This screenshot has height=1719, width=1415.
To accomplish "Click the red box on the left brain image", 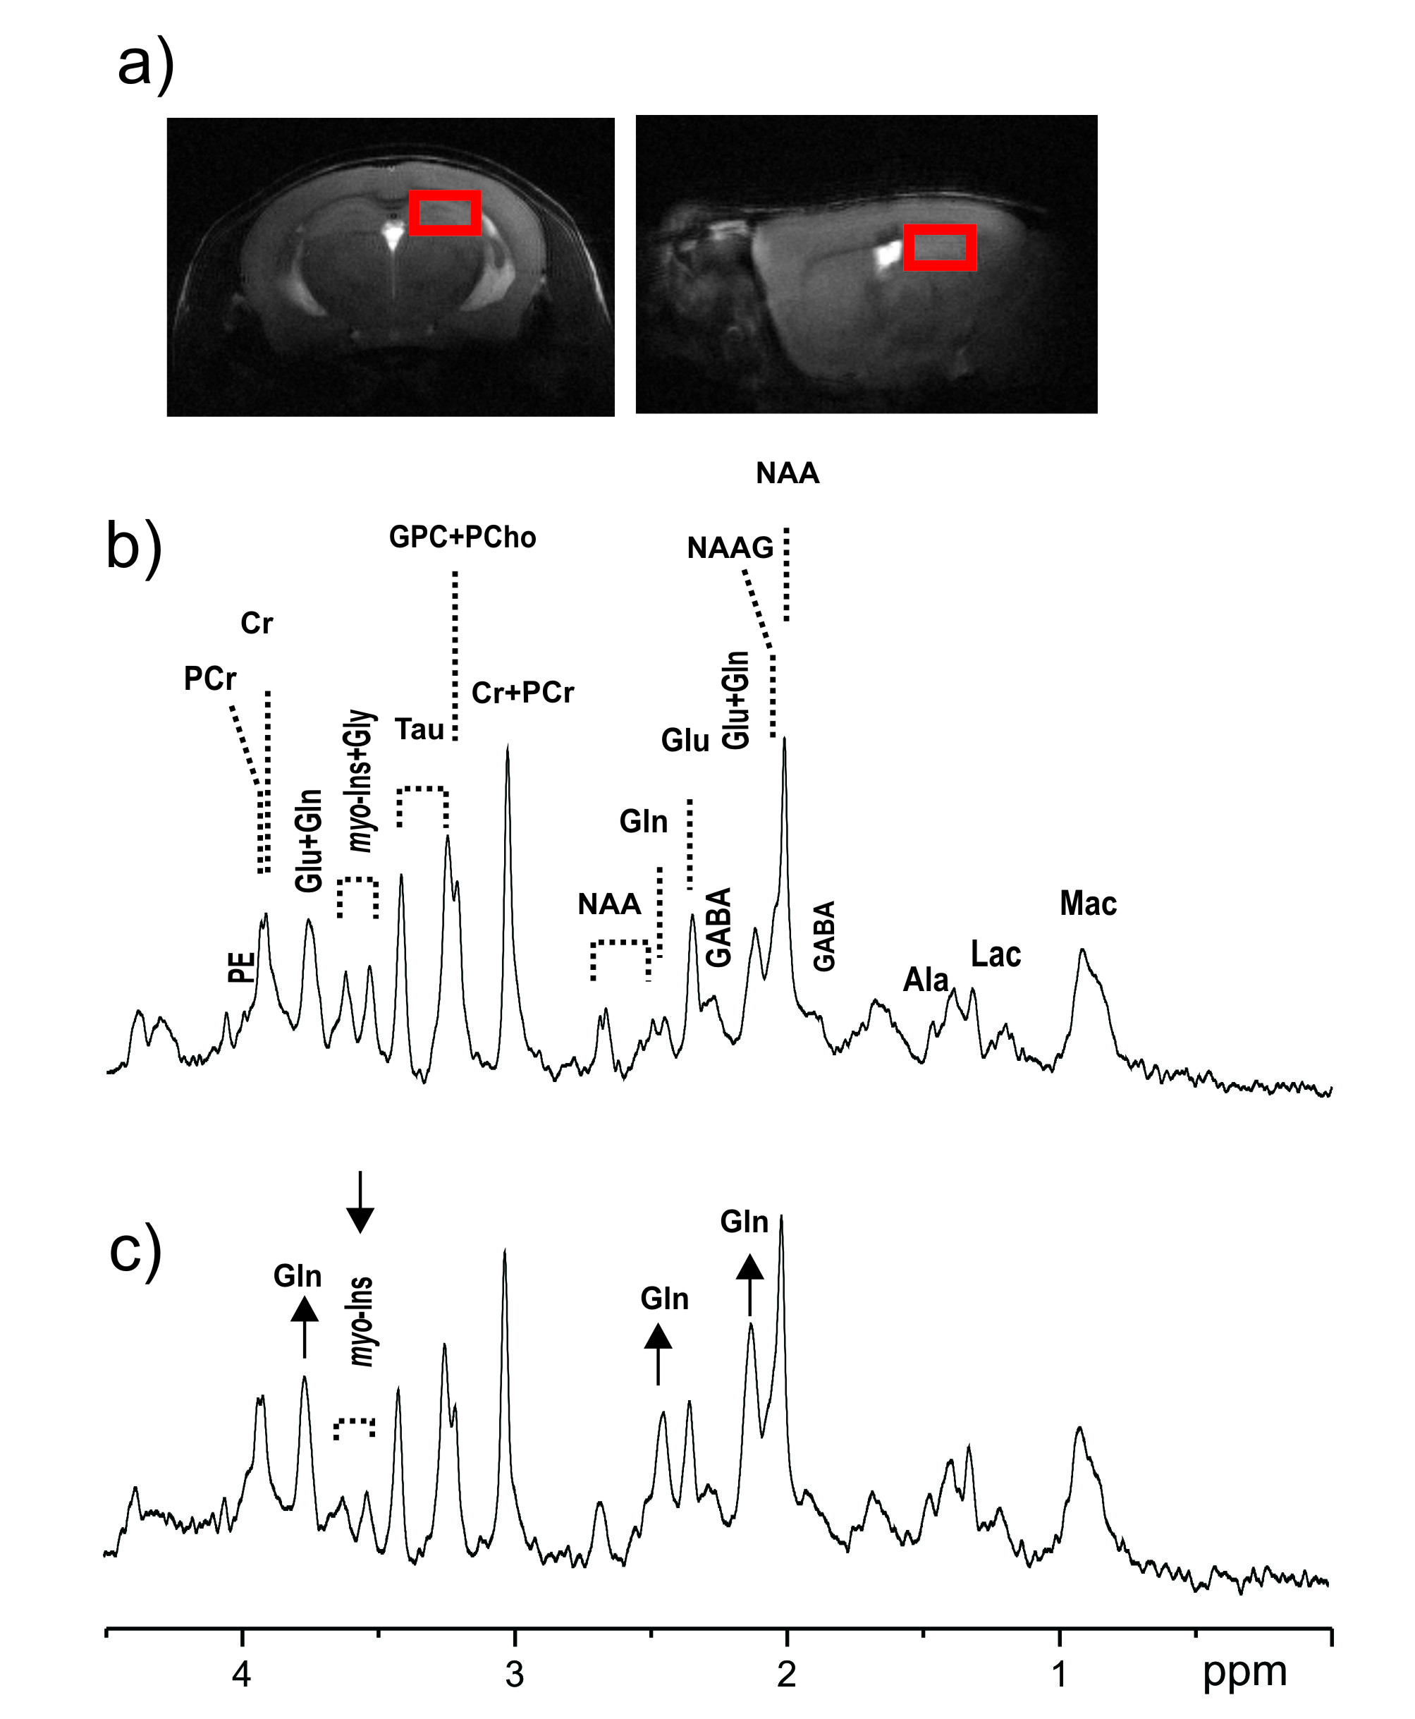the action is click(444, 213).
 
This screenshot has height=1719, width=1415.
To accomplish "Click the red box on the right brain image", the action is click(939, 247).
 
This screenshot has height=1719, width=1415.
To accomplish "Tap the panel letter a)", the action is click(146, 65).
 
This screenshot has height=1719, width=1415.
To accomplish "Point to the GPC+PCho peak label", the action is click(463, 537).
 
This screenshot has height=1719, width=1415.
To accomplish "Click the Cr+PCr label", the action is click(522, 693).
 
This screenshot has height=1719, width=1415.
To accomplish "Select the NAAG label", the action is click(730, 548).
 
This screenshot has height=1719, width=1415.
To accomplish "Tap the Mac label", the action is click(1087, 904).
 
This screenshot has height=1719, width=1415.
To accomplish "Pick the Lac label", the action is click(996, 954).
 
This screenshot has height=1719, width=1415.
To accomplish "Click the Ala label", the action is click(926, 979).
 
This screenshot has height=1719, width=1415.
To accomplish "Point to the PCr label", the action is click(209, 679).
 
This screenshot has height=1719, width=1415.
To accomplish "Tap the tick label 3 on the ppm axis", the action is click(513, 1674).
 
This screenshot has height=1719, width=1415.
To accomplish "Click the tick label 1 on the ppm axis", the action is click(1059, 1674).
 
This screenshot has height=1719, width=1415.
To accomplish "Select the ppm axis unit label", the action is click(1244, 1672).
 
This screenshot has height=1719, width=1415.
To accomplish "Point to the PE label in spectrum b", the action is click(241, 967).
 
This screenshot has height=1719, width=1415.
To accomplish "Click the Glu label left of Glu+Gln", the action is click(685, 741).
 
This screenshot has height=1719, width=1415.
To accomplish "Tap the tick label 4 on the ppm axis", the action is click(240, 1674).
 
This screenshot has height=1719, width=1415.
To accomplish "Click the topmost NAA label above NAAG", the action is click(787, 473).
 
